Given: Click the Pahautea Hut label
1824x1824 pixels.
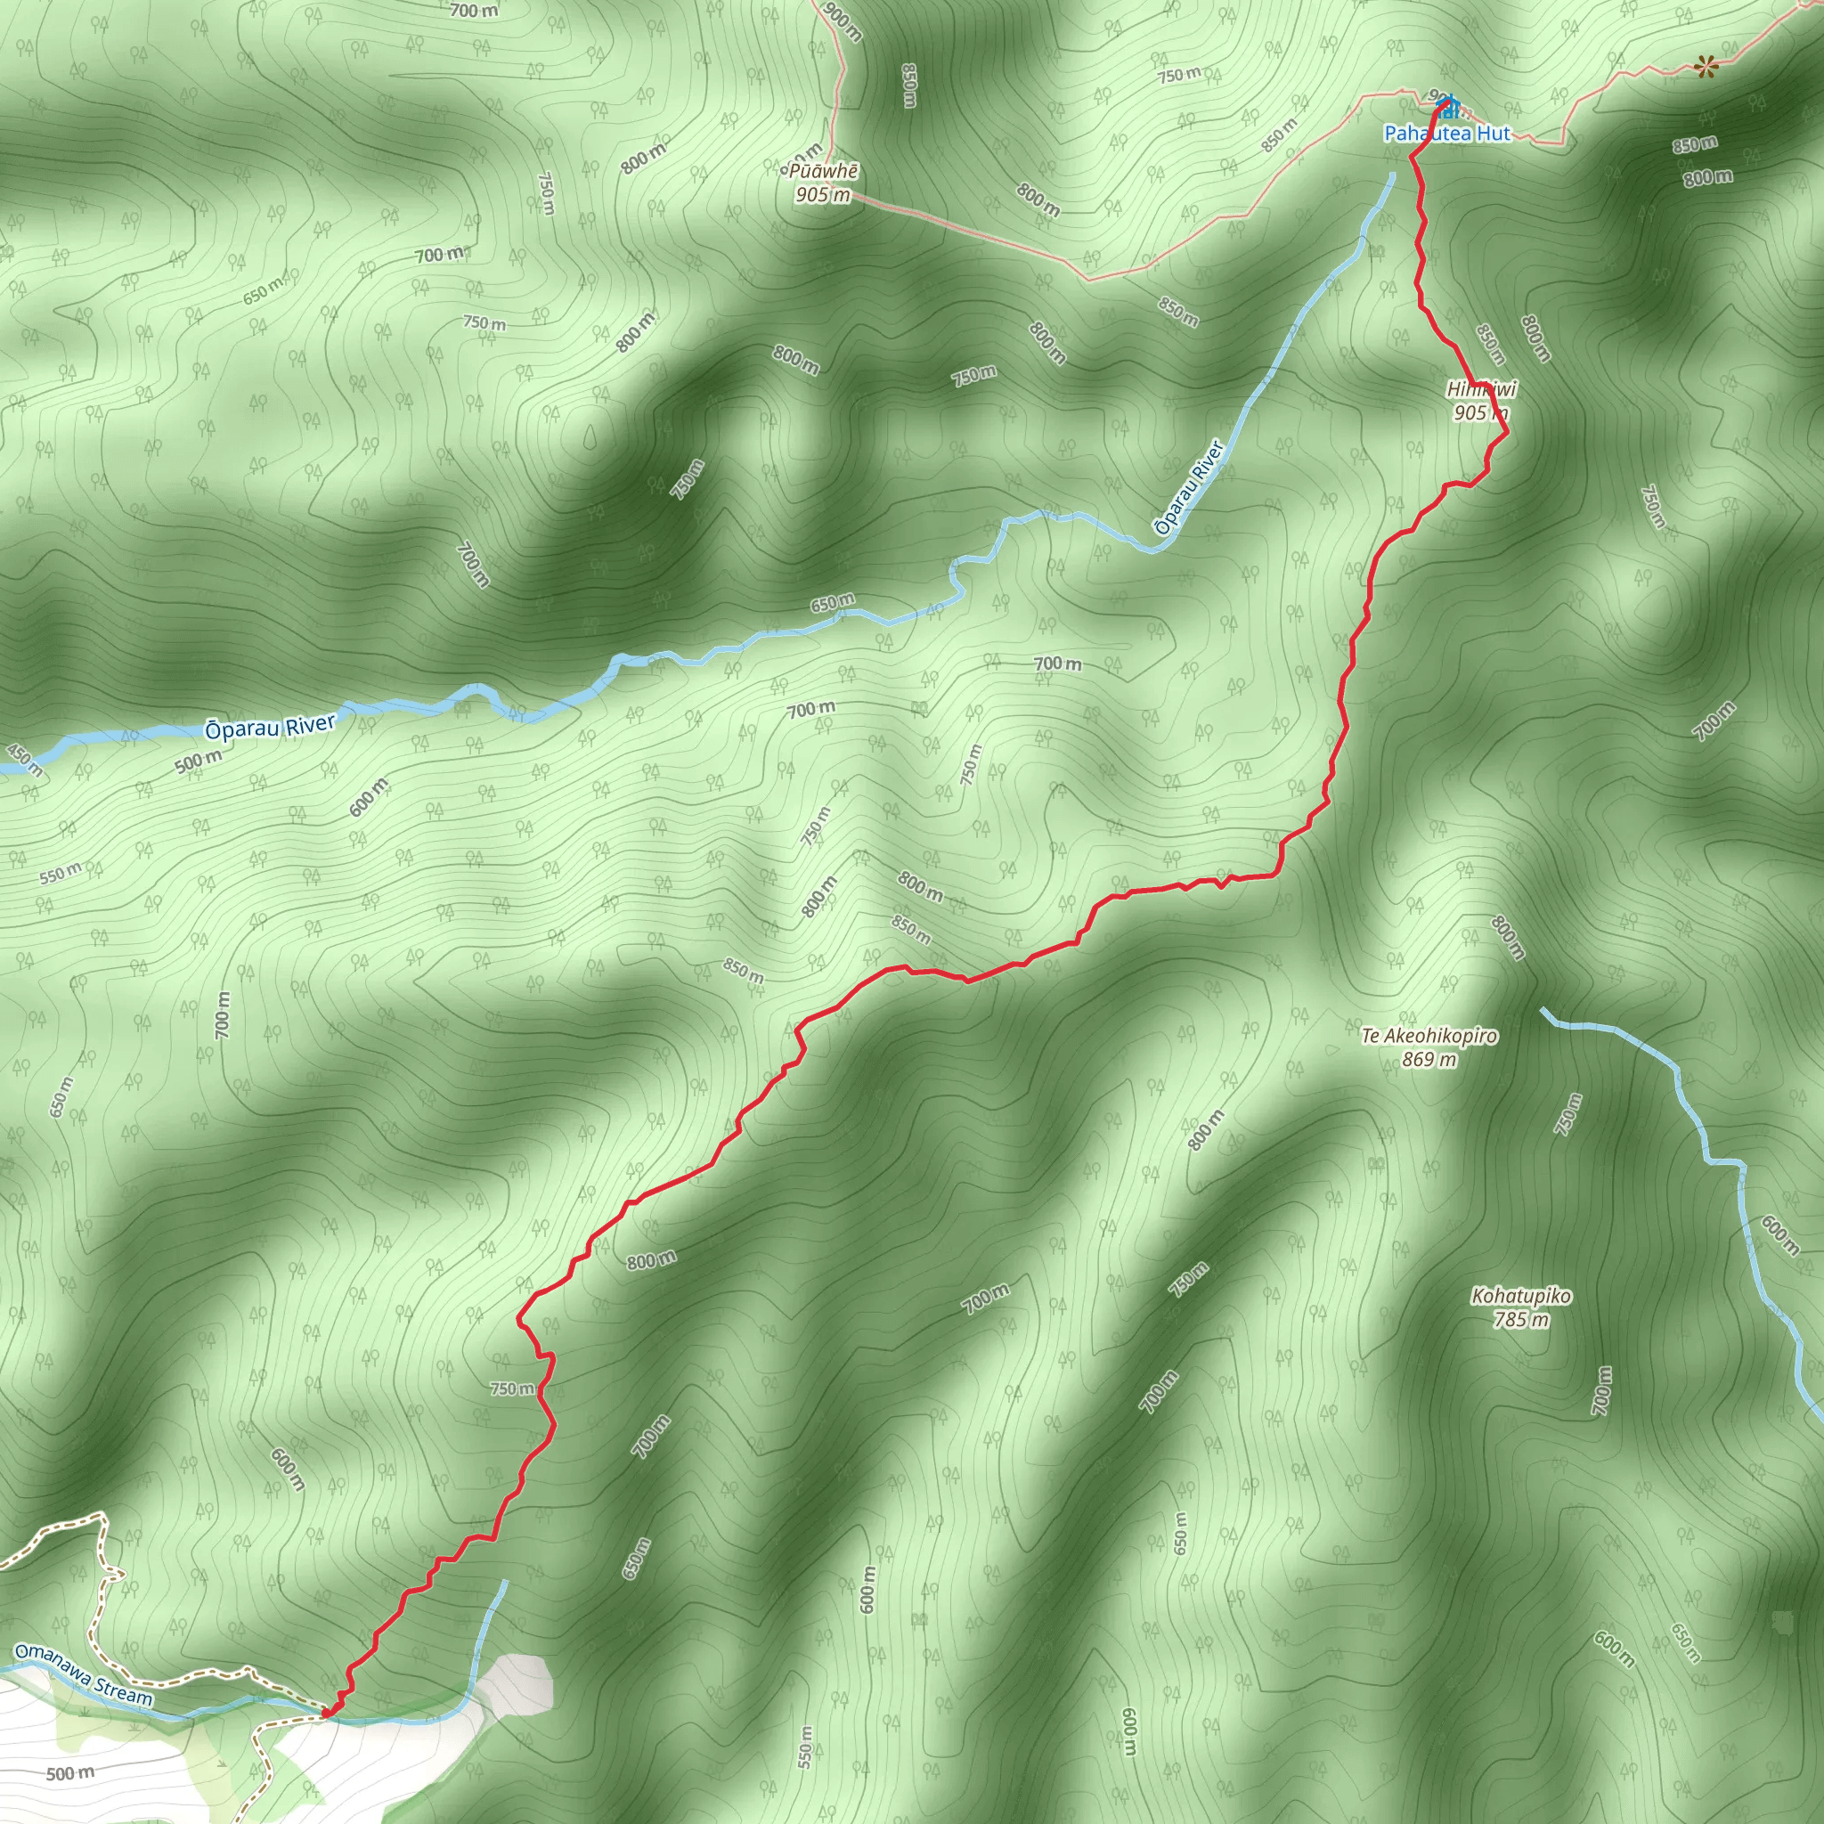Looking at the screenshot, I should coord(1446,134).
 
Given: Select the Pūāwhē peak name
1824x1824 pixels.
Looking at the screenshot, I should coord(823,172).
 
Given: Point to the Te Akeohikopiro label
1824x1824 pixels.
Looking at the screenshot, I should coord(1429,1036).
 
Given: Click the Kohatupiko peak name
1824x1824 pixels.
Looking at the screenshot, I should coord(1521,1296).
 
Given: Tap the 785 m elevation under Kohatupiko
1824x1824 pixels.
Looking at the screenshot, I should coord(1521,1320).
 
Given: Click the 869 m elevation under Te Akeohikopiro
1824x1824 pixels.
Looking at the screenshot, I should coord(1429,1059).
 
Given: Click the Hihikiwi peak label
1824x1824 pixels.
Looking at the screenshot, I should coord(1481,389).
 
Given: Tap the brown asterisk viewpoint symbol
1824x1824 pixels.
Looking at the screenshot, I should coord(1705,66).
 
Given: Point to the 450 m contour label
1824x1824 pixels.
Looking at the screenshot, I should coord(25,759).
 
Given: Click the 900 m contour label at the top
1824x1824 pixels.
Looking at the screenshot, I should coord(843,20).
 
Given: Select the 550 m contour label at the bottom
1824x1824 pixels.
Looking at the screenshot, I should coord(805,1747).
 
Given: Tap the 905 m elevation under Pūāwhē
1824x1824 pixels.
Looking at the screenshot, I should coord(822,195).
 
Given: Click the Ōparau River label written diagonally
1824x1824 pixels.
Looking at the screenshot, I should coord(1189,487).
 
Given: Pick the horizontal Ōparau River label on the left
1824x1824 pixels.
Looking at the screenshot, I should coord(270,727).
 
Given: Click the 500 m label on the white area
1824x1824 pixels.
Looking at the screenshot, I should coord(71,1773).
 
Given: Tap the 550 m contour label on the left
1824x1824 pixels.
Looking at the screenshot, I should coord(61,874).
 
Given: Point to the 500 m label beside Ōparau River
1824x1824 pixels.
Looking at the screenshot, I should coord(199,761).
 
